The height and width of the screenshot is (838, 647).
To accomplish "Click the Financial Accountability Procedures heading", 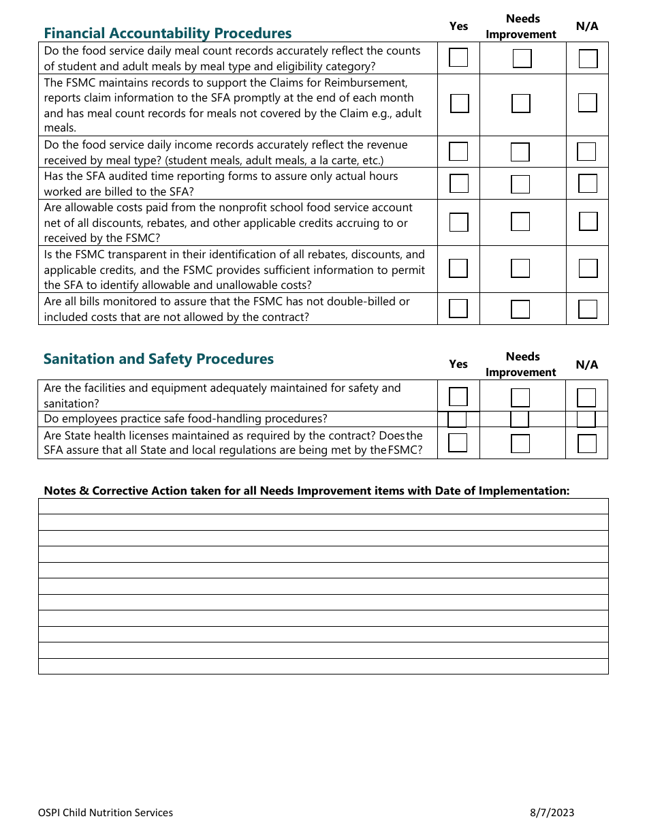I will (x=168, y=33).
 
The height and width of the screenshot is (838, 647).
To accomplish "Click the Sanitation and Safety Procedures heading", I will (x=159, y=359).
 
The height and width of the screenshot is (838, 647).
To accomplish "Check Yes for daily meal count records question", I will (x=458, y=58).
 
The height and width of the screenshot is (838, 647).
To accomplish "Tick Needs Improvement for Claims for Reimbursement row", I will (x=521, y=104).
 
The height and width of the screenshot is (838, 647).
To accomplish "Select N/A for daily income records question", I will (x=586, y=151).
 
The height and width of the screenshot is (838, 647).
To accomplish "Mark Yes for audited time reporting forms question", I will (x=459, y=183).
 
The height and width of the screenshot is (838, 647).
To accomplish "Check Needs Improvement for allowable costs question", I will (x=520, y=221).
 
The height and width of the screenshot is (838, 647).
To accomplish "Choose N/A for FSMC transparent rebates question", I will (x=588, y=268).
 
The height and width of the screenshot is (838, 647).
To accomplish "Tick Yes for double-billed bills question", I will (x=458, y=309).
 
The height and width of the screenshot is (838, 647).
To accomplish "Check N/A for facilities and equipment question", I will (x=586, y=397).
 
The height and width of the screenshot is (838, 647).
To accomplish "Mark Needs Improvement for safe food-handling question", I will (x=520, y=419).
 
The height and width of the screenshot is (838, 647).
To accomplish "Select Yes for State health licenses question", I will (x=458, y=443).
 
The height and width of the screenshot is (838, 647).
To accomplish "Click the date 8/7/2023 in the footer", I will (x=552, y=812).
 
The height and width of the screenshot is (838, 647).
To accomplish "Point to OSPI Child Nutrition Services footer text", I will (x=106, y=812).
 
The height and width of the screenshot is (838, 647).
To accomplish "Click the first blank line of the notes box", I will (x=323, y=506).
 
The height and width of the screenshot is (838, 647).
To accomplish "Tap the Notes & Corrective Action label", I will (x=306, y=491).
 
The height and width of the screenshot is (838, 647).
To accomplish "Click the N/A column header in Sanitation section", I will (x=587, y=364).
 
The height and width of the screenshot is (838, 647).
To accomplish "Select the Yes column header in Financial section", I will (x=459, y=26).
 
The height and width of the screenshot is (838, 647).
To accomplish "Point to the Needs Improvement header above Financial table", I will (x=522, y=27).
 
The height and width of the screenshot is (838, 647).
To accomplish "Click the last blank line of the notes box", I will (x=323, y=666).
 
